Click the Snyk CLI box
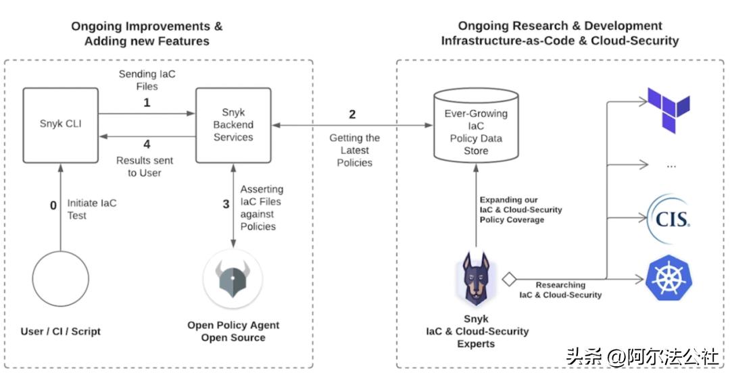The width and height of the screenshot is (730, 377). tap(60, 124)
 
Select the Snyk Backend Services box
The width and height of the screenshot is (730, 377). tap(233, 124)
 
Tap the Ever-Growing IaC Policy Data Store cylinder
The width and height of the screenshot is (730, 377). tap(476, 132)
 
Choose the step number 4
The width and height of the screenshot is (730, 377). tap(147, 143)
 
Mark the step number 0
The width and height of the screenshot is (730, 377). tap(53, 205)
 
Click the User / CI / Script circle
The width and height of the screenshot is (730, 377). tap(60, 279)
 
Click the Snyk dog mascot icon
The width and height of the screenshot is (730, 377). tap(476, 278)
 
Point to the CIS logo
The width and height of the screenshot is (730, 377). tap(668, 218)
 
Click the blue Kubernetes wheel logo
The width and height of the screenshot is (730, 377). tap(668, 278)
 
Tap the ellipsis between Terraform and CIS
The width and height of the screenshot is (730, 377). tap(671, 164)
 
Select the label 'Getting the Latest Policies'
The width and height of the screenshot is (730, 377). tap(355, 150)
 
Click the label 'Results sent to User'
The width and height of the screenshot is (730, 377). tap(145, 167)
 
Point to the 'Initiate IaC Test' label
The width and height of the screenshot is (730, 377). tap(92, 208)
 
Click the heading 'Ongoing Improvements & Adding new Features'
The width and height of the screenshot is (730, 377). tap(147, 34)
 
